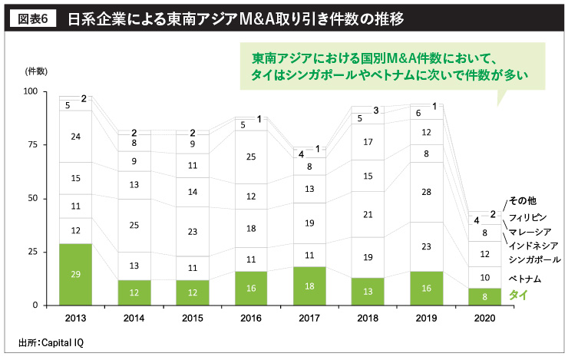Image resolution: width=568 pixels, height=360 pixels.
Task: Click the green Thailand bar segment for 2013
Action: click(x=76, y=274)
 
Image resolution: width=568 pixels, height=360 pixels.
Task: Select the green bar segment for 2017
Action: click(x=309, y=286)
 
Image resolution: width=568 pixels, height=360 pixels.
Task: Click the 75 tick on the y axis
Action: click(x=31, y=144)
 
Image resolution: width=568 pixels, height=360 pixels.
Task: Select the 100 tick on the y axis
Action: click(x=29, y=91)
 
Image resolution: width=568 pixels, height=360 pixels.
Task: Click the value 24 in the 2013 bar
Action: click(x=76, y=137)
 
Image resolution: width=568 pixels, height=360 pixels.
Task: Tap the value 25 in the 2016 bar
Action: click(x=251, y=157)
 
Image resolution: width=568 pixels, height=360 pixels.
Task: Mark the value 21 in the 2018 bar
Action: click(x=367, y=213)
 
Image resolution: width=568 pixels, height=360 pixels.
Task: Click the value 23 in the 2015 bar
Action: click(x=193, y=231)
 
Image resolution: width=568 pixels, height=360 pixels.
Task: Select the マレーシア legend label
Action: click(x=530, y=232)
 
